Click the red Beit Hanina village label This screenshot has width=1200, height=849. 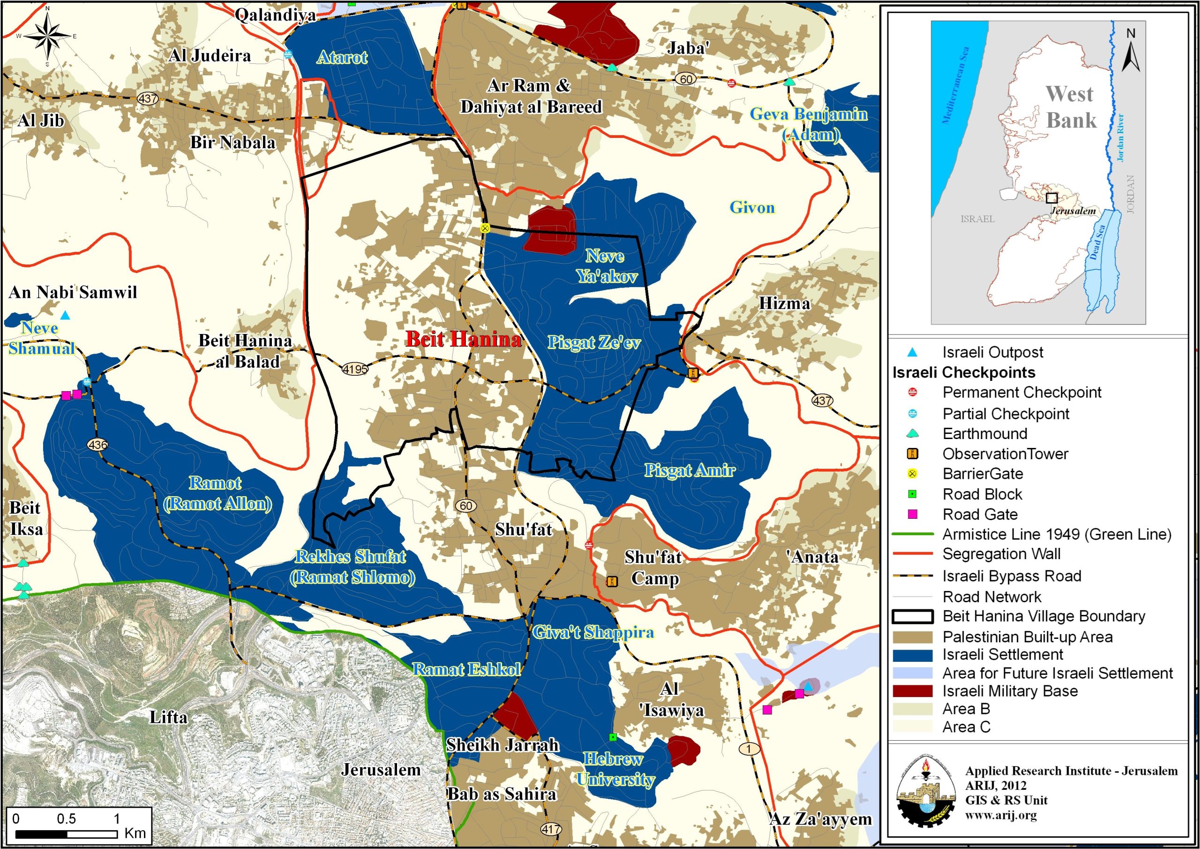(464, 340)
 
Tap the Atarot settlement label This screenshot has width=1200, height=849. (342, 57)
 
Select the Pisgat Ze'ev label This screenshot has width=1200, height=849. (594, 342)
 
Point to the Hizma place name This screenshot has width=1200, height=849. (784, 303)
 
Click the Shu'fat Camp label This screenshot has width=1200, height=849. (653, 568)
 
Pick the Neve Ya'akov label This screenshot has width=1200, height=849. (606, 266)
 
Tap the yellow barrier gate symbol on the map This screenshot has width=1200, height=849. (485, 228)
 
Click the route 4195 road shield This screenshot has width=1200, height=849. (355, 369)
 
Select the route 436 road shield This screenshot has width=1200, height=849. (98, 445)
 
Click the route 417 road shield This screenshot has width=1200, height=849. (551, 829)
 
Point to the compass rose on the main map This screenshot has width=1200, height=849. (47, 36)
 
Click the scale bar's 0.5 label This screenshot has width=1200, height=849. (67, 819)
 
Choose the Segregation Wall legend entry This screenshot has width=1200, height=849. (1001, 553)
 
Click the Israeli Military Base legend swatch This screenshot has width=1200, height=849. (912, 691)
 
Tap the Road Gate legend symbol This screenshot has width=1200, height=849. (912, 514)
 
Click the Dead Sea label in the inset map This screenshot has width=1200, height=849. (1099, 243)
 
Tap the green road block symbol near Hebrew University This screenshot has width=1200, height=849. (613, 737)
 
